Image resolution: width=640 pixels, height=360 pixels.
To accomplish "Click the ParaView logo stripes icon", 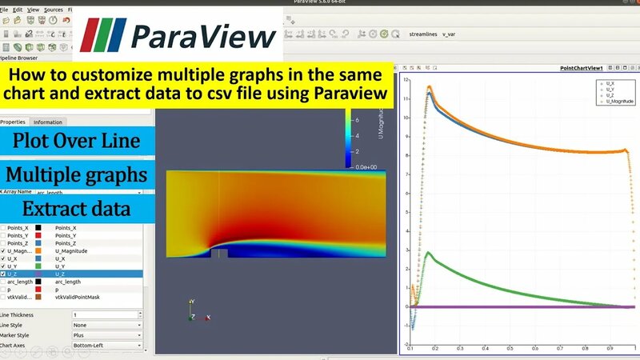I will [x=102, y=34].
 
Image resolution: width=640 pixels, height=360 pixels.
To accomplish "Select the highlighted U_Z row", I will [x=72, y=274].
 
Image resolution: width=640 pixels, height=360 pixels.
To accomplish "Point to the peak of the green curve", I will [x=430, y=253].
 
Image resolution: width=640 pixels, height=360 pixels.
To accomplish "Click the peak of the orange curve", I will [x=430, y=86].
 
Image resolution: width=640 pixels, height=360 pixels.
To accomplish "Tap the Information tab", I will [x=48, y=122].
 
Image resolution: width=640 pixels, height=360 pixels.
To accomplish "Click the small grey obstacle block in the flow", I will [x=218, y=254].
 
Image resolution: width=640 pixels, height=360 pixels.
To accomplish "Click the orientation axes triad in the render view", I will [x=192, y=312].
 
